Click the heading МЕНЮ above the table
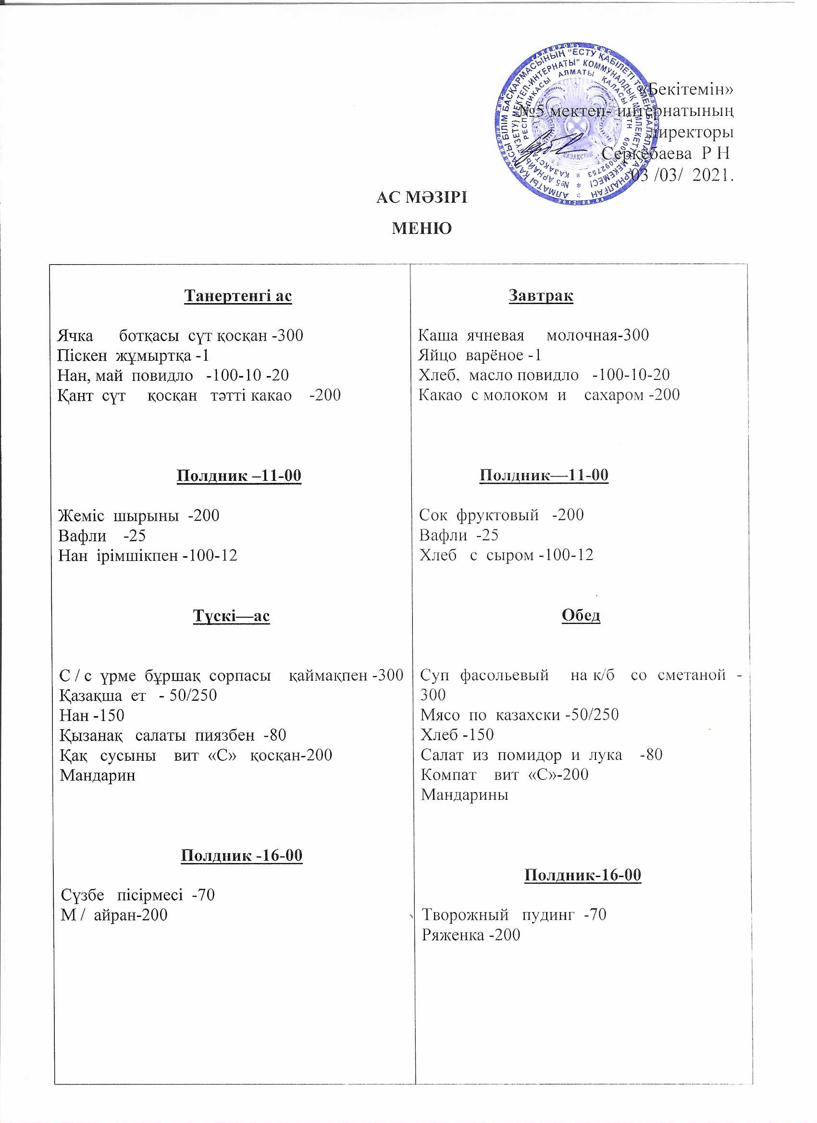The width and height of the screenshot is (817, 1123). click(x=421, y=228)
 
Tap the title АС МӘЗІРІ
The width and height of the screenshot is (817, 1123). click(x=421, y=197)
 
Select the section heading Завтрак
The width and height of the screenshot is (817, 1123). click(x=541, y=295)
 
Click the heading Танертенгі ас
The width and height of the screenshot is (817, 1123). click(x=238, y=295)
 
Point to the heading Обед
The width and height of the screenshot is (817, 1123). click(x=581, y=615)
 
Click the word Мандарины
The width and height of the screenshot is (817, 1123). click(x=464, y=795)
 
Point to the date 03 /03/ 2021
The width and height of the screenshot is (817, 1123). click(x=682, y=175)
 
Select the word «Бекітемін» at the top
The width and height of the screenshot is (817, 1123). click(x=691, y=90)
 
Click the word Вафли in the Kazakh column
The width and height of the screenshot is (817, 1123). click(x=82, y=535)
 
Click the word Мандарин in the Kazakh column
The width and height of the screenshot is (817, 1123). click(x=98, y=775)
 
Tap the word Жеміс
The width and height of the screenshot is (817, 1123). click(x=81, y=515)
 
